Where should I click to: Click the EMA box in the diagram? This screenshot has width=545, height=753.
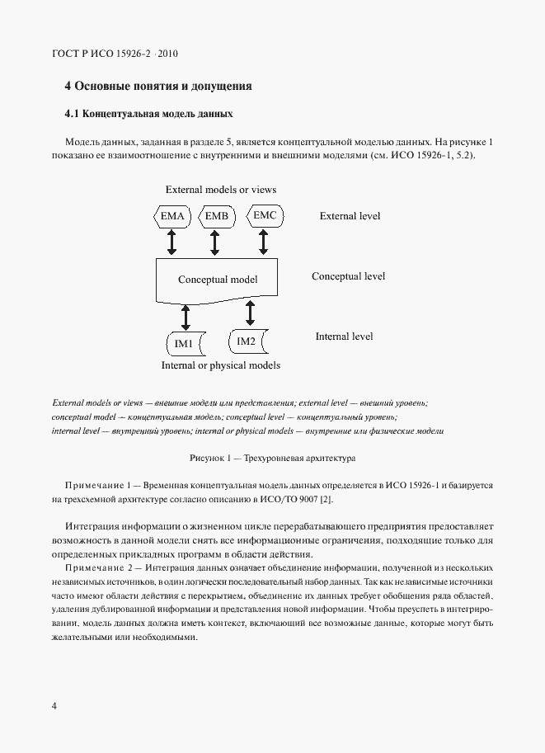pos(172,217)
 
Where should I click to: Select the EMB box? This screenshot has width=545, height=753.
pos(216,217)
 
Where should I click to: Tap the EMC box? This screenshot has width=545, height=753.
pos(264,216)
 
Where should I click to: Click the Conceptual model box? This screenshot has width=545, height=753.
pos(218,280)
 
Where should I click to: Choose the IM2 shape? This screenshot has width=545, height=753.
pos(247,341)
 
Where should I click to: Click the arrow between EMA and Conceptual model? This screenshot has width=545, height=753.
pos(172,242)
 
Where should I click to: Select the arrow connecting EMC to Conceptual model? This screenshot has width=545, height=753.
pos(264,242)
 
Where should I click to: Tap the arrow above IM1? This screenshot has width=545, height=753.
pos(186,316)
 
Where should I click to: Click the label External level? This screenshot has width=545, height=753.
pos(350,216)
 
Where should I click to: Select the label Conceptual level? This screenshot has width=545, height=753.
pos(348,276)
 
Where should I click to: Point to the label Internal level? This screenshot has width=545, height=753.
pos(344,336)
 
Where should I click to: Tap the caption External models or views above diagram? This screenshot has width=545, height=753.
pos(221,190)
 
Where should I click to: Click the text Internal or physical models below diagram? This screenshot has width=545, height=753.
pos(220,365)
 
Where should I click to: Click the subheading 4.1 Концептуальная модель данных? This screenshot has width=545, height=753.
pos(149,113)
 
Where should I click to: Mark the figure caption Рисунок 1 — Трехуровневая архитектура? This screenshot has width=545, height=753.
pos(271,457)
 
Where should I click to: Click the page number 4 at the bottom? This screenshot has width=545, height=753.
pos(54,706)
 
